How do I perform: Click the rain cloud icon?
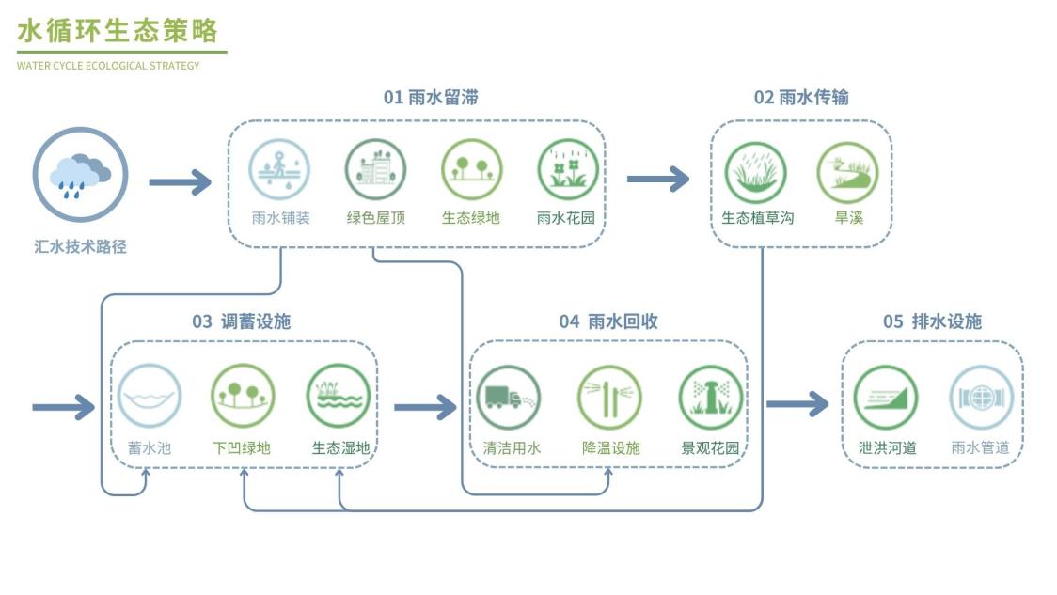point(80,175)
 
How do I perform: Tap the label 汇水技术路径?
point(80,247)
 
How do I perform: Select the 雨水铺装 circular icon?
point(279,170)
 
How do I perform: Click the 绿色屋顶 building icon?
point(375,170)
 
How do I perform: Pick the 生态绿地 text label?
point(471,218)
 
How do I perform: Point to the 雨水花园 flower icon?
point(568,170)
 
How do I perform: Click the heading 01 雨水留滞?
point(431,98)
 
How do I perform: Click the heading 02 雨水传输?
point(801,98)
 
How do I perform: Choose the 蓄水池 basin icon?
point(150,396)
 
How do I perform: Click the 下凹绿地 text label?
point(242,447)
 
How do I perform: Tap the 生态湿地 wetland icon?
point(339,396)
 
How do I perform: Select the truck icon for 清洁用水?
point(509,397)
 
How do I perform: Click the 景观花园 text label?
point(710,447)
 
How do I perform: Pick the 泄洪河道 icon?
point(886,397)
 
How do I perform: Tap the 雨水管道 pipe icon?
point(981,397)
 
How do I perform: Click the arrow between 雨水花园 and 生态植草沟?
point(658,179)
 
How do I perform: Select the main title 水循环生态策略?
point(118,31)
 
